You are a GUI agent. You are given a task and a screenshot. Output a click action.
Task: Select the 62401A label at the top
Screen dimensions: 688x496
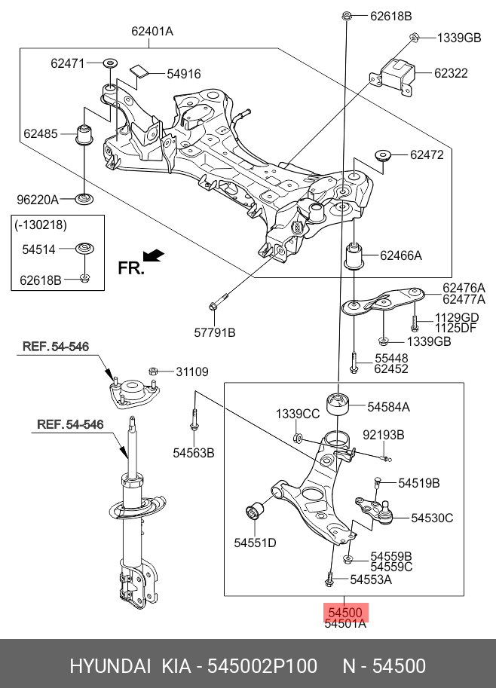(152, 31)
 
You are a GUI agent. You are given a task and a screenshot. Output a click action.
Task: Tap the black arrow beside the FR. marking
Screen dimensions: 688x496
(155, 255)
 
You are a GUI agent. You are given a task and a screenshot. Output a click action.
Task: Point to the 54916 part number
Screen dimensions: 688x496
(184, 74)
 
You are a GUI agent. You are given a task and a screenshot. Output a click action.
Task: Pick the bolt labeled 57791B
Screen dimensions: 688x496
(216, 305)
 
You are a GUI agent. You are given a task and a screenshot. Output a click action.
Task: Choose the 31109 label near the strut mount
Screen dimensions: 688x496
(192, 372)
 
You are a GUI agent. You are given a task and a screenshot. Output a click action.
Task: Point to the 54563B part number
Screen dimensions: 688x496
(194, 453)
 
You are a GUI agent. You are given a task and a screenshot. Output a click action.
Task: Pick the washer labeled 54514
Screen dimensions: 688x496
(85, 247)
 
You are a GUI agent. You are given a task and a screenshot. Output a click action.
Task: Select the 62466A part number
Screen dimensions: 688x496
(401, 256)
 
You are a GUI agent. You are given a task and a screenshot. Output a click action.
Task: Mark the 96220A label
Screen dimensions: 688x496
(38, 200)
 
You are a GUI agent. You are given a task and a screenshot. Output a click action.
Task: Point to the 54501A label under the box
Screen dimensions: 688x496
(345, 624)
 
